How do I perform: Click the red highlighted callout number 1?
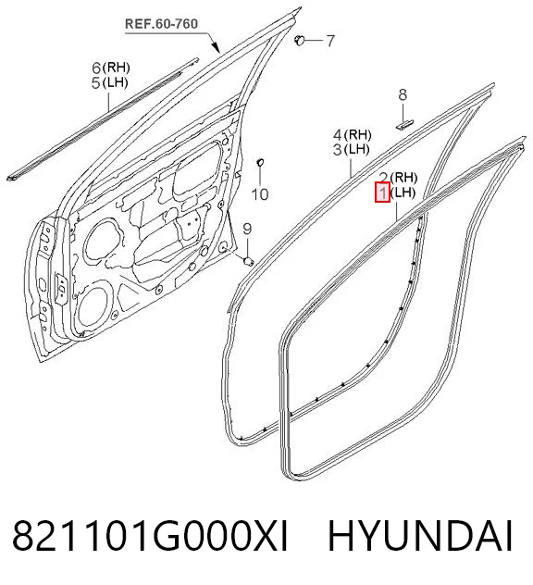tap(382, 193)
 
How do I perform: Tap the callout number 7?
tap(330, 41)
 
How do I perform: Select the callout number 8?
tap(403, 94)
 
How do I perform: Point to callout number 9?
tap(247, 229)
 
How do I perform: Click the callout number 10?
tap(260, 194)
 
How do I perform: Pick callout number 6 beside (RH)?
tap(96, 68)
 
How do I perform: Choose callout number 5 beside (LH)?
tap(96, 82)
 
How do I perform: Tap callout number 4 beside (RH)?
tap(338, 135)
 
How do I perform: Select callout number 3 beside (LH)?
tap(337, 150)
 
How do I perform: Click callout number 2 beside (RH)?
tap(384, 178)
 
